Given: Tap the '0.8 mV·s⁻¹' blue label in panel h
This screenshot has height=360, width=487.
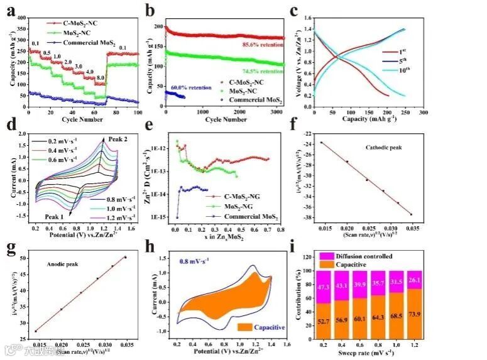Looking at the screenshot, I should tap(194, 258).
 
